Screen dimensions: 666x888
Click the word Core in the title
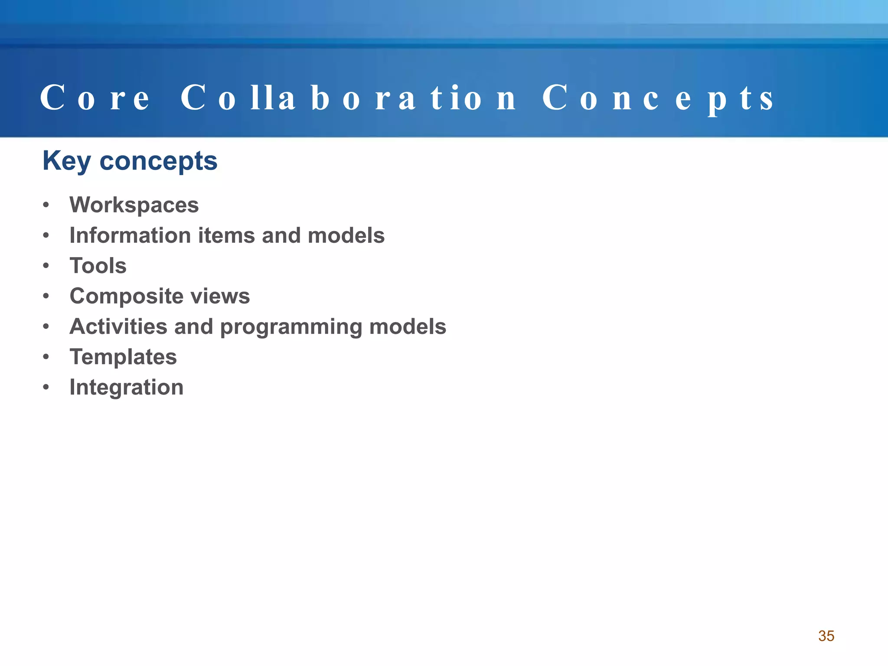[95, 98]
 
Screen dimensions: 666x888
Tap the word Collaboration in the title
[348, 98]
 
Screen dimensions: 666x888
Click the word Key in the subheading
[66, 161]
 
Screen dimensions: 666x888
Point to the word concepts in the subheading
[158, 161]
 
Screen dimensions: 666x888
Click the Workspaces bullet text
[134, 205]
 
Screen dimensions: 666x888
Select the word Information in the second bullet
[130, 235]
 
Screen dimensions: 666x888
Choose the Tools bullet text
[98, 266]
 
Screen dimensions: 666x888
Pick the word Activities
[118, 326]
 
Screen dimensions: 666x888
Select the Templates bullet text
[123, 357]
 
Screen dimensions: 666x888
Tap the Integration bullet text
[126, 388]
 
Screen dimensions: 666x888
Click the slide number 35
[826, 636]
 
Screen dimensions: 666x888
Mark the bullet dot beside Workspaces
[46, 205]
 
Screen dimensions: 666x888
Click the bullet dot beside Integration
[46, 387]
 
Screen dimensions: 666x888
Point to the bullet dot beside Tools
[46, 266]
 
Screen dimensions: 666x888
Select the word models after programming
[408, 326]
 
